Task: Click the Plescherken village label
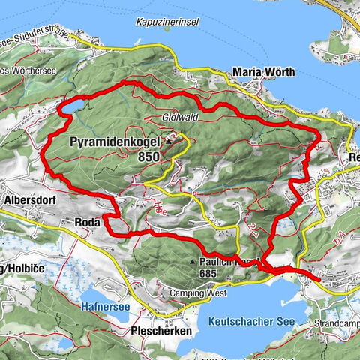pos(159,330)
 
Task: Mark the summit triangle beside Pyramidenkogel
pos(169,139)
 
